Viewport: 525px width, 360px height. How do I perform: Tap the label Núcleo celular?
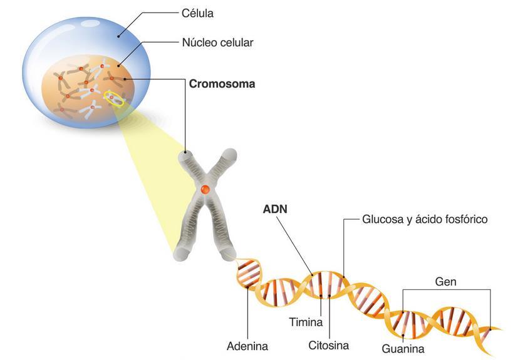pos(217,43)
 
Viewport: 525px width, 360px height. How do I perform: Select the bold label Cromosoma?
pos(222,83)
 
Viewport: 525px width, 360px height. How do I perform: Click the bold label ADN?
pos(275,209)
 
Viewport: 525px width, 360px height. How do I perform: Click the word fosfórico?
pos(466,220)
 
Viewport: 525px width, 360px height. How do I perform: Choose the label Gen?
pos(445,282)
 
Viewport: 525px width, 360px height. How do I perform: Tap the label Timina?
pos(306,323)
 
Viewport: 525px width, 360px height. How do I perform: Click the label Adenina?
pos(247,346)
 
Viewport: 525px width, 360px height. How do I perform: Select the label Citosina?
pos(328,345)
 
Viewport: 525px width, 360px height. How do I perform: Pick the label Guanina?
pos(403,349)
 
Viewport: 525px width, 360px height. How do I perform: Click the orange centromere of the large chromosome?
pos(205,188)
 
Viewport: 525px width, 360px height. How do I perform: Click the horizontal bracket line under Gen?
pos(445,290)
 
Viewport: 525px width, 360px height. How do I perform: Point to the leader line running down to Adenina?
pos(248,313)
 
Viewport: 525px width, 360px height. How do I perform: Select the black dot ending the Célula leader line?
pos(119,36)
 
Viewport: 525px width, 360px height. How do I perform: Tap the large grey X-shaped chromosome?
pos(205,207)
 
